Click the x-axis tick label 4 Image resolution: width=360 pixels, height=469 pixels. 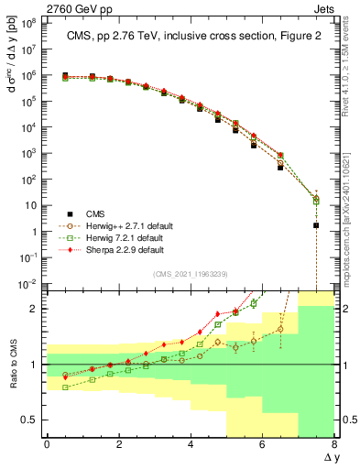point(191,444)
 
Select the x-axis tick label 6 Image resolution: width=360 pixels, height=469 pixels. point(262,444)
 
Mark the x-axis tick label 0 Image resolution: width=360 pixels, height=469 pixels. point(47,444)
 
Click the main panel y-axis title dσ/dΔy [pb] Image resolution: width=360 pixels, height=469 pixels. point(12,64)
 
